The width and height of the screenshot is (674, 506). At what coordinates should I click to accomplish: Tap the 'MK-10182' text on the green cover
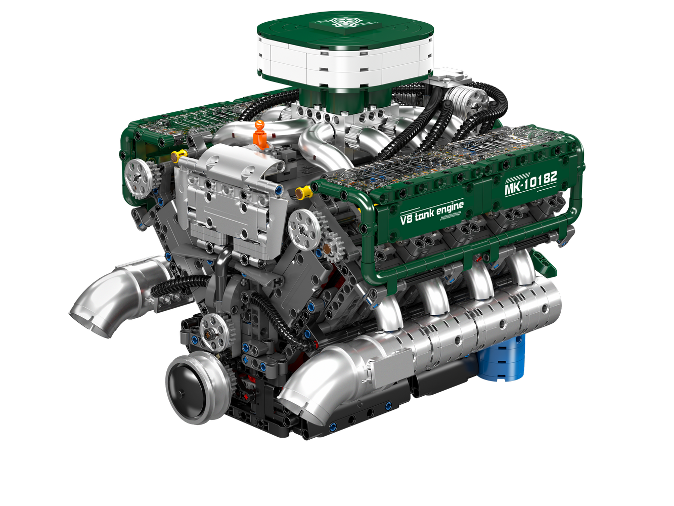point(530,184)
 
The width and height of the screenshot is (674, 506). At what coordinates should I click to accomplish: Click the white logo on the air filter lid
point(345,23)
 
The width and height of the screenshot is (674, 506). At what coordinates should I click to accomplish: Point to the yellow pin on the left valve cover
point(179,154)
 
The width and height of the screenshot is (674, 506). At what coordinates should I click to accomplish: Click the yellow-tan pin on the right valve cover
point(303,192)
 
